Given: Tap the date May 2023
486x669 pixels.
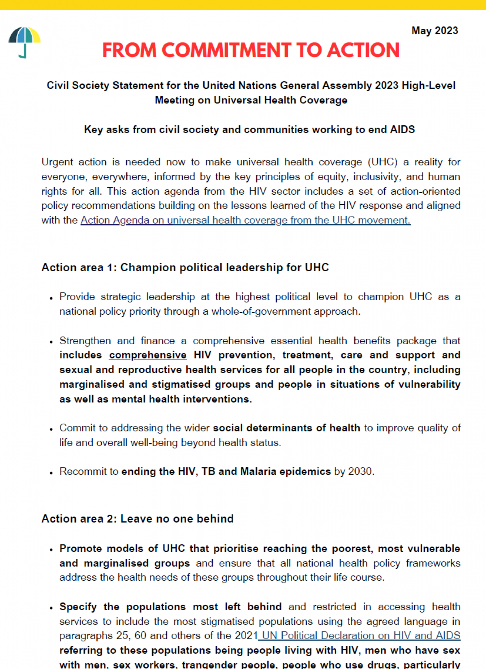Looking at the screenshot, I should tap(435, 31).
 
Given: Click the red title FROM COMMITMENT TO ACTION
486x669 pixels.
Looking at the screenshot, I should tap(251, 50).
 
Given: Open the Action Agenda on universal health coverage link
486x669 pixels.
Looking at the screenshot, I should tap(245, 220).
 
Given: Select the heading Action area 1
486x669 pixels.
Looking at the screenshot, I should tap(185, 268).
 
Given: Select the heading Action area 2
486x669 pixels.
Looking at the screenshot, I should tap(137, 519).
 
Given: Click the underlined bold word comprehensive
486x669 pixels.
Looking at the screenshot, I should tap(148, 355).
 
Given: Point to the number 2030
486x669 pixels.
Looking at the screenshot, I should tap(360, 472).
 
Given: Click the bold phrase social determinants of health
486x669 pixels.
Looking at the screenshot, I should tap(286, 428).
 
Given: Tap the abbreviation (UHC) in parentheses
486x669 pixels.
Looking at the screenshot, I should tap(382, 162).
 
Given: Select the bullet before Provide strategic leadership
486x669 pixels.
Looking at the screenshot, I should tap(51, 298).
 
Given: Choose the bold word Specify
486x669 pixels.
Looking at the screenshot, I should tap(78, 607).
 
